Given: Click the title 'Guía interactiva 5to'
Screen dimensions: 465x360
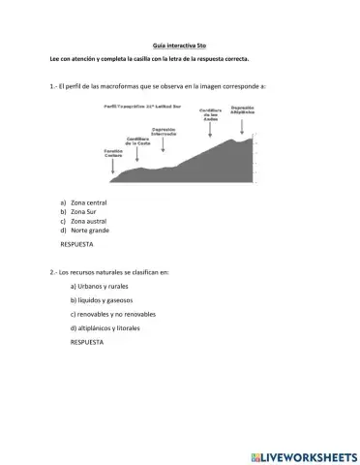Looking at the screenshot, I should click(180, 45).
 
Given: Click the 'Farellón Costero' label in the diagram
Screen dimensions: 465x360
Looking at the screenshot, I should click(113, 153).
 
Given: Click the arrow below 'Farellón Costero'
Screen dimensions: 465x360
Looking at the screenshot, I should click(113, 169).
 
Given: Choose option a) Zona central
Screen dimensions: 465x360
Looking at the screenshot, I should click(88, 202).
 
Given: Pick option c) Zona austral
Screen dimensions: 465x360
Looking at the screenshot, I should click(88, 221).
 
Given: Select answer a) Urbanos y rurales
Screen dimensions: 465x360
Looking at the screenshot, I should click(101, 287).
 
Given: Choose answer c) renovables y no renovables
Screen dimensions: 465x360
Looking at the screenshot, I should click(112, 314).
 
